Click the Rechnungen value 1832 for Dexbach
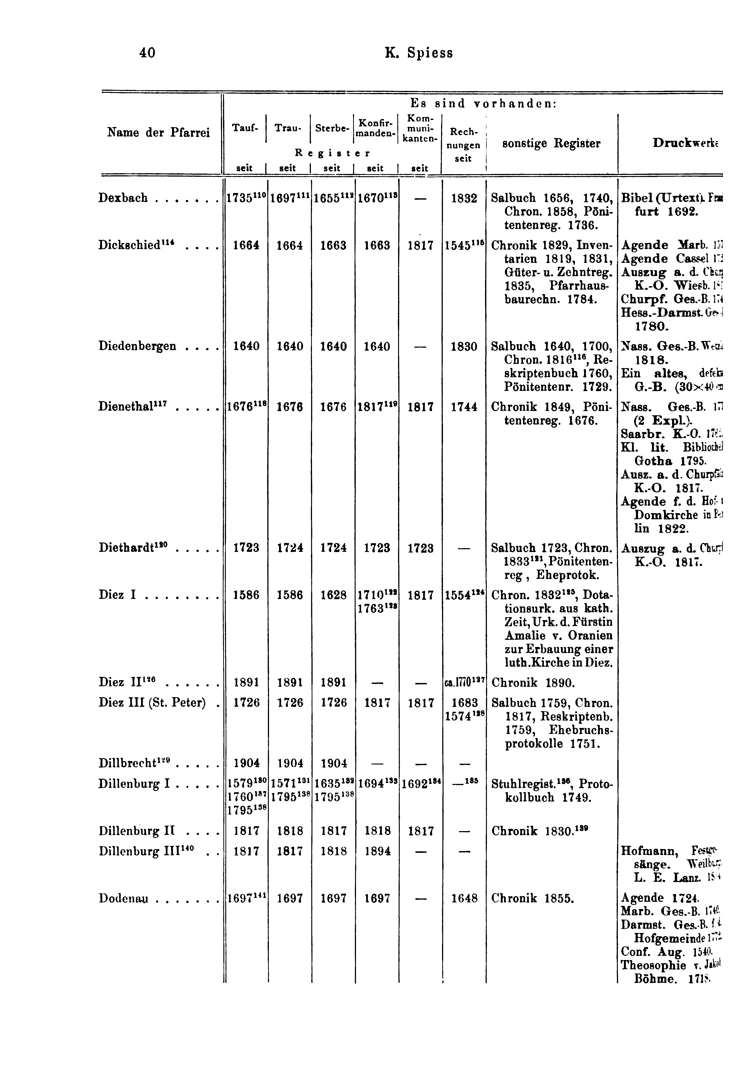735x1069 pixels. [464, 198]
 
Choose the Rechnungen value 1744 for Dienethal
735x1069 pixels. [464, 407]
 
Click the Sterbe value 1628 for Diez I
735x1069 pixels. [333, 595]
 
